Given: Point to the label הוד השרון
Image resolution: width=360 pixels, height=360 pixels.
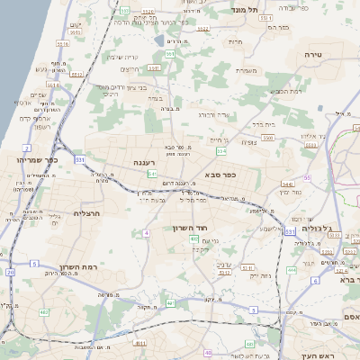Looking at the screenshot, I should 191,229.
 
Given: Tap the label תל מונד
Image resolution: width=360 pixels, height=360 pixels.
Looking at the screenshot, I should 244,9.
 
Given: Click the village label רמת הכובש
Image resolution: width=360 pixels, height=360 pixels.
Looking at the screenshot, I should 261,91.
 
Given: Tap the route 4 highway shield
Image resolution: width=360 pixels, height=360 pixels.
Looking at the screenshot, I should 145,233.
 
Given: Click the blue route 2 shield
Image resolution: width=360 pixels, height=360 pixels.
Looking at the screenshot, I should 28,148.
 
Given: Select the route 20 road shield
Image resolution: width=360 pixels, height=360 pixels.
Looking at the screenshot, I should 10,271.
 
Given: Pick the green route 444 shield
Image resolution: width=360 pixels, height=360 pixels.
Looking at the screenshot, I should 291,269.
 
